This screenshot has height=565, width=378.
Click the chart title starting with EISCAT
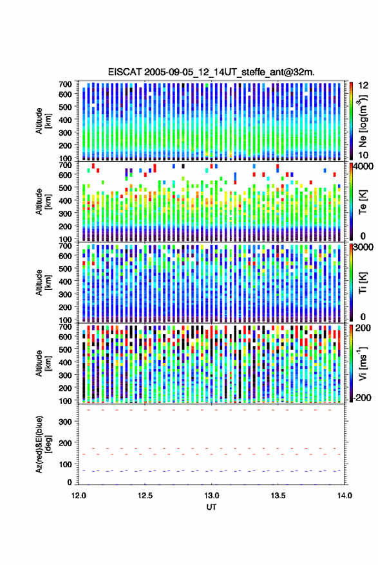point(211,72)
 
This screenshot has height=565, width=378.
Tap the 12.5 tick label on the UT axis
point(145,496)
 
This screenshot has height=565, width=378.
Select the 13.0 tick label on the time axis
point(211,496)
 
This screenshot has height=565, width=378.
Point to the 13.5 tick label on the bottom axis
point(278,496)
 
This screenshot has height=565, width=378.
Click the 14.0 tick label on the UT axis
point(345,496)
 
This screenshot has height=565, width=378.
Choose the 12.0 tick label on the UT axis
point(79,496)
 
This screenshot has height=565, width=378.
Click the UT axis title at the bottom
point(211,507)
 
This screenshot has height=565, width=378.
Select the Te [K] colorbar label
point(363,202)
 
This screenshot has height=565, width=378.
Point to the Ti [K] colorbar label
point(363,283)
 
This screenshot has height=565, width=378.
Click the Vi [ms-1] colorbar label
point(363,363)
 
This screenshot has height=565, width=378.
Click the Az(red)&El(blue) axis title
point(44,444)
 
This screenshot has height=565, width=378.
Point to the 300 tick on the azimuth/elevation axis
point(65,421)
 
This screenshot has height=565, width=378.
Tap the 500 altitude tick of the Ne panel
point(65,107)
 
